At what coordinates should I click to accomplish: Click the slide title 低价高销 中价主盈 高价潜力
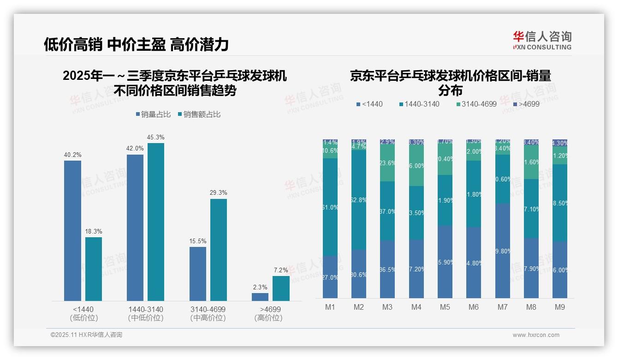pos(136,44)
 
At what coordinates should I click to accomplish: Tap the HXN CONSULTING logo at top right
pos(542,41)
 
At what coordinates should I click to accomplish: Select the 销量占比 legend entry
pos(155,114)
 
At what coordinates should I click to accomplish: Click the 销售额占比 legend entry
pos(199,114)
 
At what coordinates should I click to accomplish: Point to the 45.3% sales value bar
pos(156,222)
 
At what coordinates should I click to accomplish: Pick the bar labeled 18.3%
pos(94,269)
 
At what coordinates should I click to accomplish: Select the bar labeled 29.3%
pos(219,250)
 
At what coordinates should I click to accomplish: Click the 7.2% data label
pos(281,270)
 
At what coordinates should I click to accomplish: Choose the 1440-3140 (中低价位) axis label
pos(146,313)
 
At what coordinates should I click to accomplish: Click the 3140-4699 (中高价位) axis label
pos(208,313)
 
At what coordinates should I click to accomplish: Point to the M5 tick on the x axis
pos(445,307)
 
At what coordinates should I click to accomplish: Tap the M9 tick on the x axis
pos(559,307)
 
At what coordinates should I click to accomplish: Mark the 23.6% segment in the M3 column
pos(387,163)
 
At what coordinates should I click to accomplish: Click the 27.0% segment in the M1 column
pos(330,277)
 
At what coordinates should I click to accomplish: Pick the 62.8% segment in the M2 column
pos(359,200)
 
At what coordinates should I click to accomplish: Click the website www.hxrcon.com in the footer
pos(536,335)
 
